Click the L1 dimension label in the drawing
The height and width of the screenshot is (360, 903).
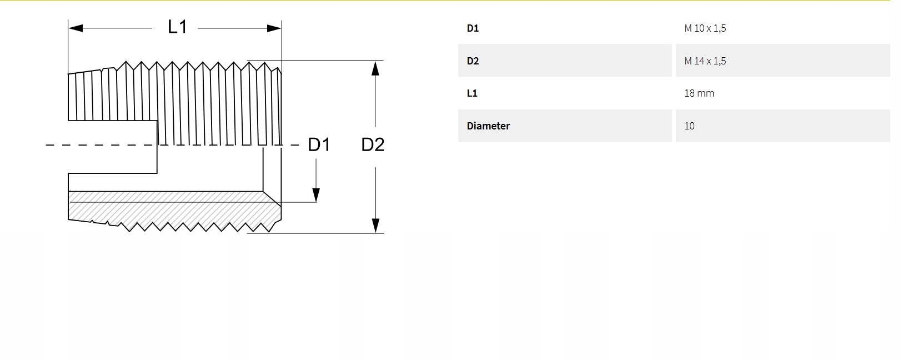pos(177,27)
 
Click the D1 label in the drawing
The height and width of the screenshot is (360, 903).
pos(319,145)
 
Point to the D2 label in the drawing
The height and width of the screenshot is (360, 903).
pos(373,145)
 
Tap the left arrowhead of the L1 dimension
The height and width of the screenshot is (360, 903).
pos(76,28)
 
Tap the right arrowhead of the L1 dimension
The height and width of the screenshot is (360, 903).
pos(274,28)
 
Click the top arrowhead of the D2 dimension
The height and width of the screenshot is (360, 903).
pos(375,68)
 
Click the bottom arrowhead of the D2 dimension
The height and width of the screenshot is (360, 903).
pos(375,226)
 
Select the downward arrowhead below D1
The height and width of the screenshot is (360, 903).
pos(316,194)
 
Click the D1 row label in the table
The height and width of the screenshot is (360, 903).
pos(473,28)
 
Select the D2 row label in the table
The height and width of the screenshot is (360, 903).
pos(473,61)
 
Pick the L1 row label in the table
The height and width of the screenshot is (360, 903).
pos(472,93)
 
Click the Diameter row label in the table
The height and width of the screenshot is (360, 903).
pos(488,126)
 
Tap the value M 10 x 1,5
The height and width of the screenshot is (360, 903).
pos(705,28)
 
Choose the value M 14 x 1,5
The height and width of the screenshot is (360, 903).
pos(705,61)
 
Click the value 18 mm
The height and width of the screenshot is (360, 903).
pos(699,93)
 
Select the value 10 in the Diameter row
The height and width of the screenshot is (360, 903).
pos(689,126)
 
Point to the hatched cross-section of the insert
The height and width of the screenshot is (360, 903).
pos(167,208)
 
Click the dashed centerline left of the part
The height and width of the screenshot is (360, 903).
pos(100,145)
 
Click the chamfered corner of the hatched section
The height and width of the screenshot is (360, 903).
pos(272,198)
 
